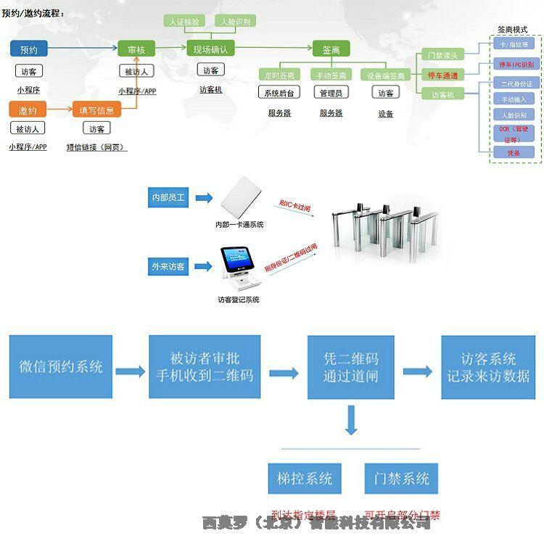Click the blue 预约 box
tap(29, 49)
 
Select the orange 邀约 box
tap(28, 110)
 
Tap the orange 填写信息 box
tap(96, 110)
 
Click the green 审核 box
tap(136, 49)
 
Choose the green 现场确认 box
tap(210, 49)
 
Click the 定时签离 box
tap(279, 75)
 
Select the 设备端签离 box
tap(386, 75)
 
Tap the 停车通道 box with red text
tap(442, 75)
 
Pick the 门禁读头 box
tap(442, 55)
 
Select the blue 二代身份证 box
tap(514, 84)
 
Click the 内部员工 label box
tap(169, 197)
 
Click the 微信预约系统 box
tap(61, 367)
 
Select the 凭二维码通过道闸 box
tap(350, 367)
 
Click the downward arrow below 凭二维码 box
tap(351, 421)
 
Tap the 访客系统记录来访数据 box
tap(488, 367)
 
